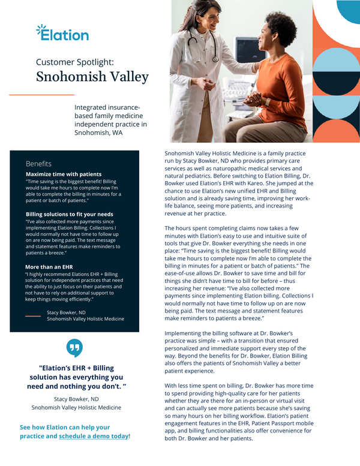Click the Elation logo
(x=62, y=34)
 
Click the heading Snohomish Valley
(x=92, y=77)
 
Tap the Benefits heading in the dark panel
(x=38, y=164)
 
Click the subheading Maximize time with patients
(x=64, y=174)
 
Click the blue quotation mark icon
(x=75, y=348)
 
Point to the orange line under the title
(x=42, y=95)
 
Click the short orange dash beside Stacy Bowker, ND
(x=33, y=315)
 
